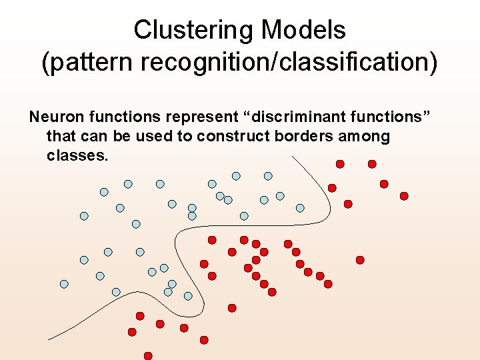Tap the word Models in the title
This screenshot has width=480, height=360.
(x=304, y=30)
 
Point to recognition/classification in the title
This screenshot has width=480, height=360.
(x=289, y=63)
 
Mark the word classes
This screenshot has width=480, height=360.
(x=77, y=156)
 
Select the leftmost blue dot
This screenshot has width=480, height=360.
(x=64, y=284)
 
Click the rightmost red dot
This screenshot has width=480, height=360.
(x=404, y=196)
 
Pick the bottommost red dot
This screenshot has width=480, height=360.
(x=148, y=356)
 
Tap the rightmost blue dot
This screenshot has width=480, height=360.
(x=300, y=208)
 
